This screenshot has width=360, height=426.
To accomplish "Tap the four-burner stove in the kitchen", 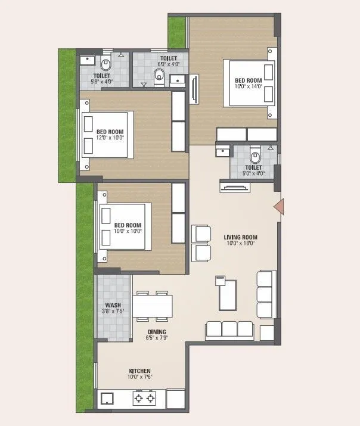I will [143, 398].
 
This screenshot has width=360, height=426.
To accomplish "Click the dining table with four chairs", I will [153, 306].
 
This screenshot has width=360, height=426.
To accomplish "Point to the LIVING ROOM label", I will [240, 237].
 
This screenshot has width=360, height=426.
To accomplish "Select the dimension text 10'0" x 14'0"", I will [248, 87].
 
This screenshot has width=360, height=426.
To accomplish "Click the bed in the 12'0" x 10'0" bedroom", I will [107, 135].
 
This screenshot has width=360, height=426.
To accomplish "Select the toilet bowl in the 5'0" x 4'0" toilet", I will [255, 158].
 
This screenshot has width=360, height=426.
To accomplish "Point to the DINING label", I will [158, 332].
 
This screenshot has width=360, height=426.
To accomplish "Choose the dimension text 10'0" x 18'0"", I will [240, 243].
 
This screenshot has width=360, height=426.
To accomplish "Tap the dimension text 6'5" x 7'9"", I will [158, 338].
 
